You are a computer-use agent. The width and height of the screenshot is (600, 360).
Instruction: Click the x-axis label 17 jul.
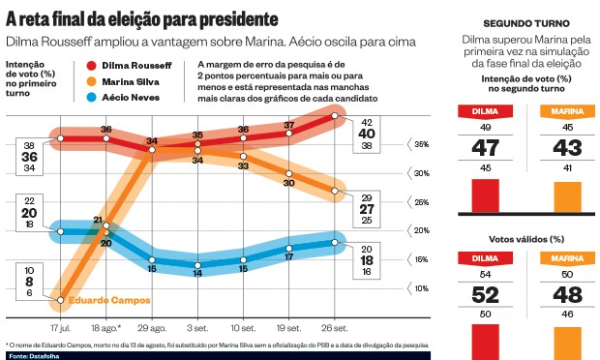pyautogui.click(x=61, y=328)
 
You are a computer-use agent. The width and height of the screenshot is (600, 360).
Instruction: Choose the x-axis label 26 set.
pyautogui.click(x=335, y=328)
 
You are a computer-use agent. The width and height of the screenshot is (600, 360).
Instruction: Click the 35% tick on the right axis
pyautogui.click(x=422, y=144)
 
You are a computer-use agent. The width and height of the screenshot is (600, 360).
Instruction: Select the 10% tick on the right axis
pyautogui.click(x=422, y=288)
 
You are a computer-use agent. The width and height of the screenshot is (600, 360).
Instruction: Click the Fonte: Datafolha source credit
pyautogui.click(x=32, y=355)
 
